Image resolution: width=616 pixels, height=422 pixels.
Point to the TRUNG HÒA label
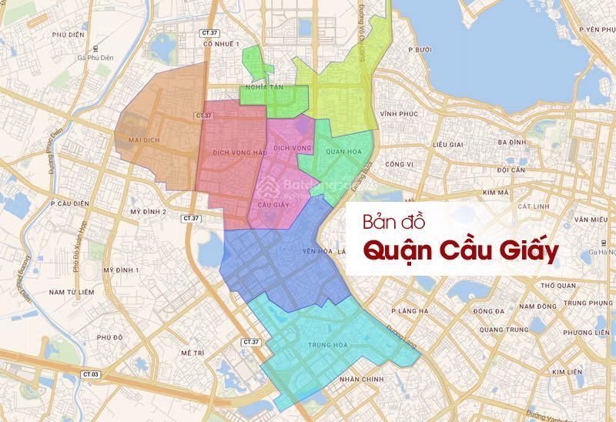326,345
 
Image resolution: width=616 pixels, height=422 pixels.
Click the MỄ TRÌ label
191,352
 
